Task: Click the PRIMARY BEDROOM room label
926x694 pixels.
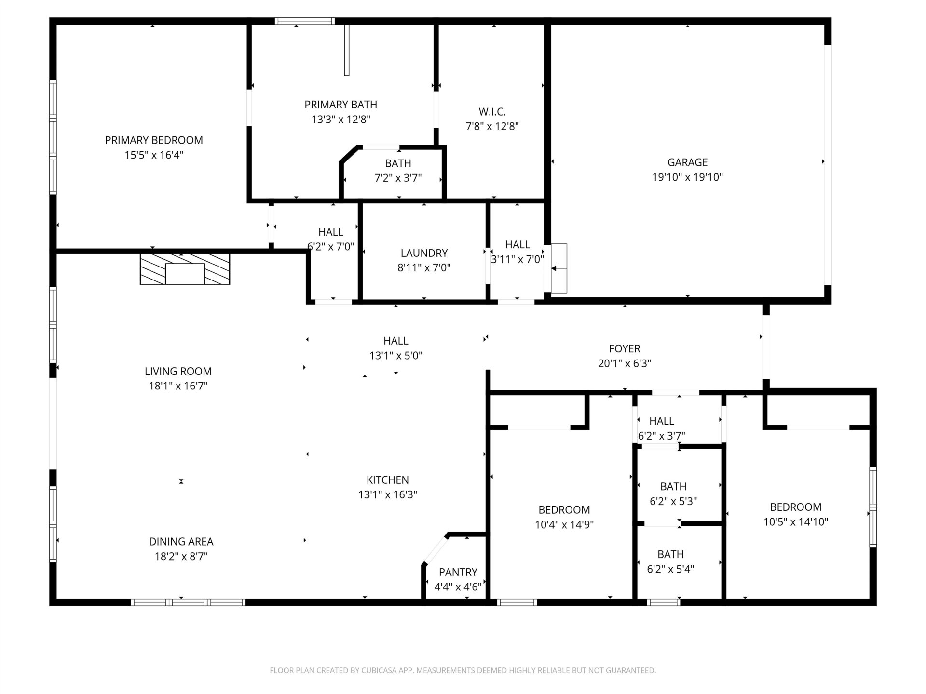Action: pyautogui.click(x=154, y=140)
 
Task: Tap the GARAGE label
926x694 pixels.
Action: pyautogui.click(x=687, y=162)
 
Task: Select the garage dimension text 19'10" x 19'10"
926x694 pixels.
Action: pyautogui.click(x=687, y=177)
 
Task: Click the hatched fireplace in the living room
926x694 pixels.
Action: pyautogui.click(x=185, y=269)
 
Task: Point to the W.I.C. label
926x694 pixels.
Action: pyautogui.click(x=492, y=112)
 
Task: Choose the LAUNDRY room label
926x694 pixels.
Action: pyautogui.click(x=424, y=253)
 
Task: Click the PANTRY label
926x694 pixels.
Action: pyautogui.click(x=458, y=572)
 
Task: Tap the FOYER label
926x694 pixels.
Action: pyautogui.click(x=625, y=348)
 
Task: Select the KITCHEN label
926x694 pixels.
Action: pyautogui.click(x=387, y=480)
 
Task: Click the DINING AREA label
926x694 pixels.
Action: pyautogui.click(x=181, y=542)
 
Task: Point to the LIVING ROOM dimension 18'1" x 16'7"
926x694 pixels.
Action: pyautogui.click(x=178, y=386)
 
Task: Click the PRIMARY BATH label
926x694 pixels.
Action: pyautogui.click(x=340, y=105)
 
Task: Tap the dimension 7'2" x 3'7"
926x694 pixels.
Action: pyautogui.click(x=398, y=178)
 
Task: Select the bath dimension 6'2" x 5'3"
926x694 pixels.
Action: pyautogui.click(x=673, y=502)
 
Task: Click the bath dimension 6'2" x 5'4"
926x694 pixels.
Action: pyautogui.click(x=670, y=569)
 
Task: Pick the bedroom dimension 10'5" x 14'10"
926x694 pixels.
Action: pyautogui.click(x=796, y=522)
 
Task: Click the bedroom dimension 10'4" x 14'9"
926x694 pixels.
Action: pyautogui.click(x=564, y=525)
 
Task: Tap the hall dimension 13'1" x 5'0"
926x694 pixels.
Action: pyautogui.click(x=395, y=356)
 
